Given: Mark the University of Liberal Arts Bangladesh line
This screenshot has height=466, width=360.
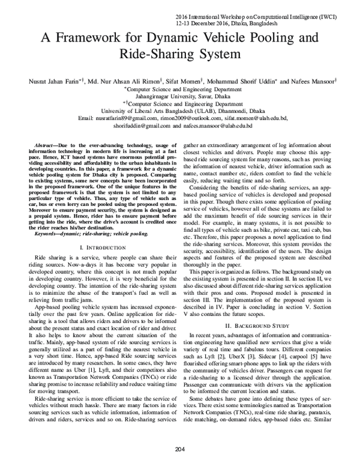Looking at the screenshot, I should tap(179, 111).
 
